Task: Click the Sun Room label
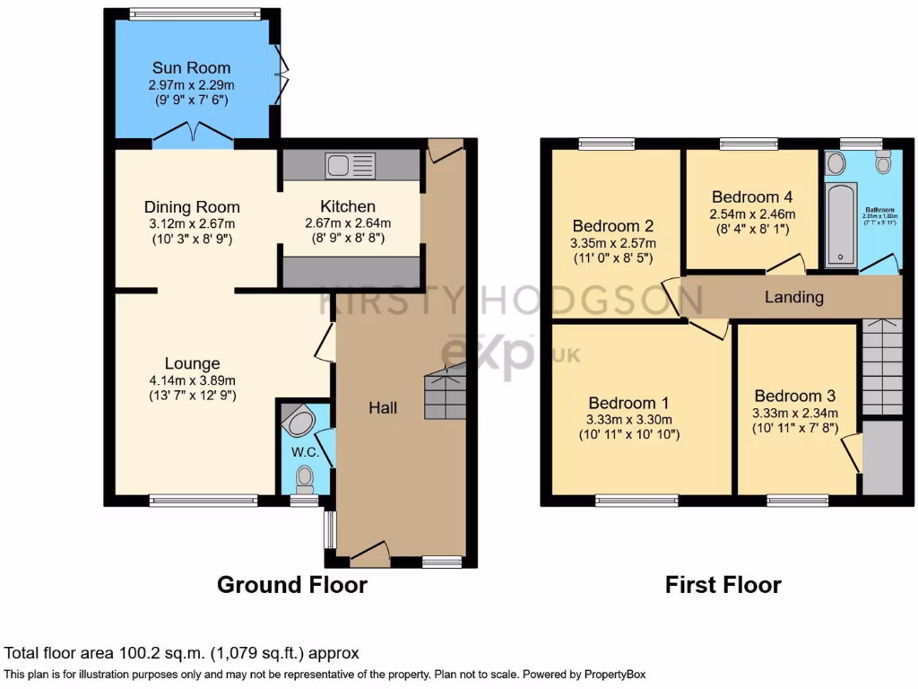[x=191, y=67]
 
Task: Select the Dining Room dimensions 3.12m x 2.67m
[x=192, y=223]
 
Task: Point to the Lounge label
[x=192, y=363]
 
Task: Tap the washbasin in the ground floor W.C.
[x=296, y=420]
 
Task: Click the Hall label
[x=383, y=408]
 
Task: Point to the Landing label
[x=793, y=297]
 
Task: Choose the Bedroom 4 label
[x=751, y=197]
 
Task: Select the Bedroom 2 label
[x=614, y=226]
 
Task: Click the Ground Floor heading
[x=291, y=585]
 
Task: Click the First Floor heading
[x=723, y=585]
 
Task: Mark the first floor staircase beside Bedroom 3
[x=881, y=368]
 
